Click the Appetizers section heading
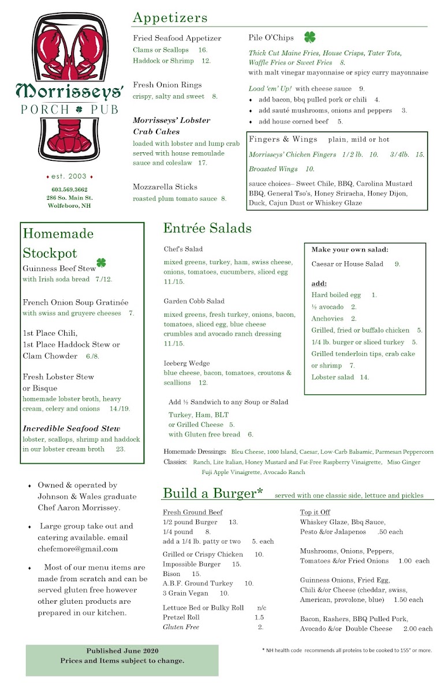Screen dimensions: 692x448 [x=170, y=18]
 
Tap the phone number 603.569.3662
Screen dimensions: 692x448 [x=70, y=189]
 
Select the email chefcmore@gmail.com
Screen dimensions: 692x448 [x=77, y=549]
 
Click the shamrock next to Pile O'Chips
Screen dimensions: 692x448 [x=310, y=37]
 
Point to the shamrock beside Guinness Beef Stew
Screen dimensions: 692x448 [x=101, y=263]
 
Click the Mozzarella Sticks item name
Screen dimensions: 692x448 [x=165, y=187]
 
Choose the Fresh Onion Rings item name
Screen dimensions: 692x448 [x=167, y=85]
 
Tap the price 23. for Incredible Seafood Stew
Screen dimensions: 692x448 [x=121, y=449]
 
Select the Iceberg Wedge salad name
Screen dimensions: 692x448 [x=186, y=363]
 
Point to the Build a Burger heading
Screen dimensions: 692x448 [x=213, y=493]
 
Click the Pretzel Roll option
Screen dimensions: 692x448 [x=181, y=617]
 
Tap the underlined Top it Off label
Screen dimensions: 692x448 [x=315, y=512]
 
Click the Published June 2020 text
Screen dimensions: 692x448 [x=122, y=650]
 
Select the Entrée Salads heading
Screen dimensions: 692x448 [x=207, y=228]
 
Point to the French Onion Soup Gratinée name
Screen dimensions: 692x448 [x=76, y=302]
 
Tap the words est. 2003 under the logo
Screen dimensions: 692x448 [x=70, y=176]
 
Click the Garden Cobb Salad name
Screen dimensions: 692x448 [x=194, y=301]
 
